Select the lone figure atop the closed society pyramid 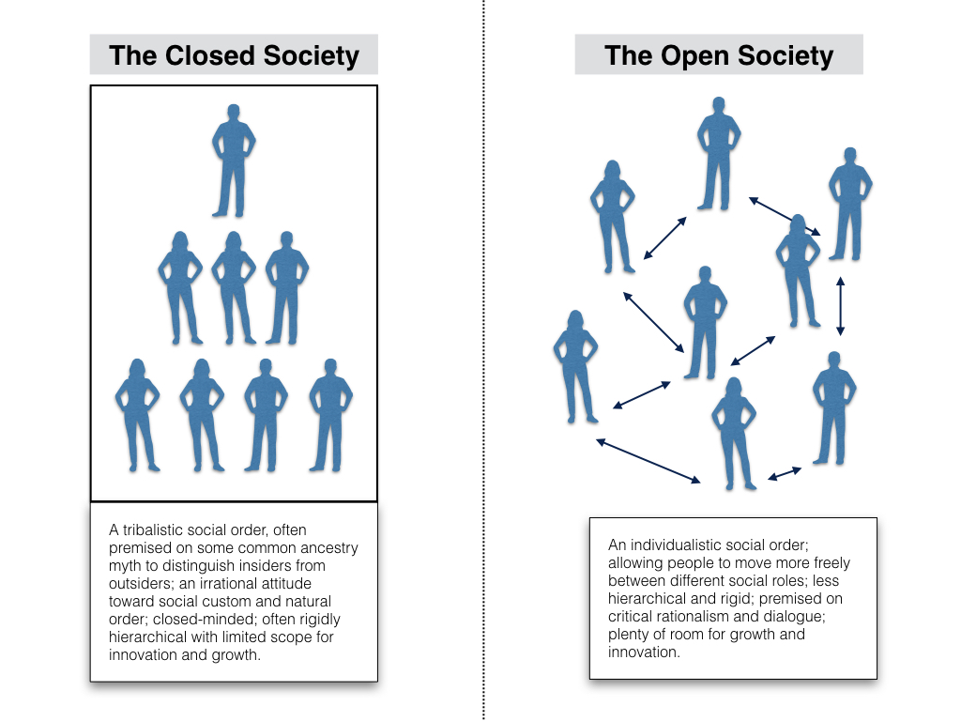[233, 160]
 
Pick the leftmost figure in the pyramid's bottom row [137, 413]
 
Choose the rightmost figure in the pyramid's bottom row [330, 413]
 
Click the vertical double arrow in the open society [840, 306]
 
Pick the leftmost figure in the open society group [574, 366]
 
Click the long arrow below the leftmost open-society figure [648, 461]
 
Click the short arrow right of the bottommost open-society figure [786, 472]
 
